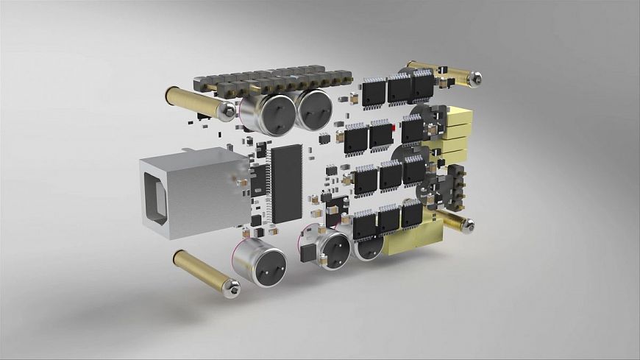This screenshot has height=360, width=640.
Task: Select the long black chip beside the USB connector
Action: pos(287,183)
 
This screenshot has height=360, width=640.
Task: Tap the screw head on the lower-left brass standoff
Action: pos(233,289)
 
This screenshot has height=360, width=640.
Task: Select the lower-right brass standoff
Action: pos(454,220)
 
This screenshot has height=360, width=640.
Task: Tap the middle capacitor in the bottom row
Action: pos(333,248)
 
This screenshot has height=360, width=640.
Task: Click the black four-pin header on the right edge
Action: pos(457,185)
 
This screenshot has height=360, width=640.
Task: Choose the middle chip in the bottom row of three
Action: pos(388,219)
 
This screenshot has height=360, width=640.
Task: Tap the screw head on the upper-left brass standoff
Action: pos(229,111)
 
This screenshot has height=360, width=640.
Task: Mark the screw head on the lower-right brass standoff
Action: pos(468,225)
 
